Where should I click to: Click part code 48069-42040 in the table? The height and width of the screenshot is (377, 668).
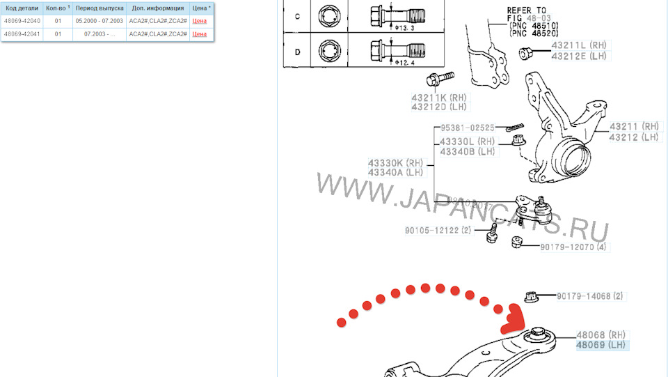22,21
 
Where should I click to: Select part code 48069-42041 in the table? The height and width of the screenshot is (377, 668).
22,33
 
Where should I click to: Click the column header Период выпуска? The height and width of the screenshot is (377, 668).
100,8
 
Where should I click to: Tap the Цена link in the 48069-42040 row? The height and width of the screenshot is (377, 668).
200,21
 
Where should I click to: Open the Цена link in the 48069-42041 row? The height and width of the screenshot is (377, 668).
200,33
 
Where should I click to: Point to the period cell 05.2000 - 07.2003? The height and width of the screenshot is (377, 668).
100,21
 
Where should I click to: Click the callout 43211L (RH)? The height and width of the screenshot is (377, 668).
579,45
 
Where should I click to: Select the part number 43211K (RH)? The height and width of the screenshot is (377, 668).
439,98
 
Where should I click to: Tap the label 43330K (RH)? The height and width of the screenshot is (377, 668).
395,163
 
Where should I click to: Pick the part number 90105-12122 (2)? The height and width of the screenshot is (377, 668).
438,230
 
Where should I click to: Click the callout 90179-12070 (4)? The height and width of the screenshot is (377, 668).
573,247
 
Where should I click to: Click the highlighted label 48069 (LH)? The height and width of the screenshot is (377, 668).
601,345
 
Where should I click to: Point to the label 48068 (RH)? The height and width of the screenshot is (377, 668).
601,334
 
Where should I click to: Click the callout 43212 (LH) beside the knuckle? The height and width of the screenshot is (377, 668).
633,137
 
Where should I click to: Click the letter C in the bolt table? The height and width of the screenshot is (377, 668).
298,16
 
